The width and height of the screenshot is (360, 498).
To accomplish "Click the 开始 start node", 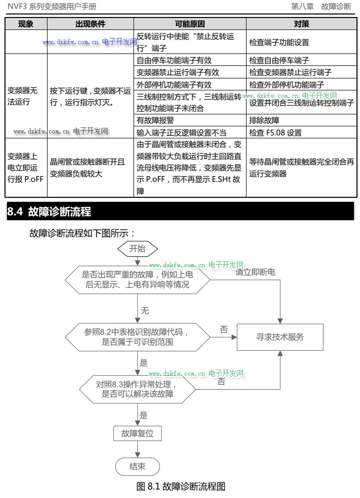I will [x=137, y=248].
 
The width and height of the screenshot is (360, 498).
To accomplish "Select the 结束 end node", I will [x=137, y=467].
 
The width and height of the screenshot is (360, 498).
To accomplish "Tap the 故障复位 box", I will [x=137, y=433].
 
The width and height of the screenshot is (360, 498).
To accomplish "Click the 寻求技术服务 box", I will [x=279, y=337].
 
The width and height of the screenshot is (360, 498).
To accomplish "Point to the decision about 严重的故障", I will [x=137, y=279].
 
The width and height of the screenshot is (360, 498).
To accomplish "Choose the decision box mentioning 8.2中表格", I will [x=137, y=337].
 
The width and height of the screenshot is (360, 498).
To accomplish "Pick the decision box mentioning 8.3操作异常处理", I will [x=137, y=389].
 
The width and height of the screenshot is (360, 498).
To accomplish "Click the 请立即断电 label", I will [x=255, y=272].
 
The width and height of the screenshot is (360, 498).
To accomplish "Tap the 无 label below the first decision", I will [x=144, y=311].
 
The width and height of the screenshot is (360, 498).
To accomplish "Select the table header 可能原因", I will [x=190, y=24].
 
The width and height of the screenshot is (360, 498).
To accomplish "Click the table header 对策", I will [x=301, y=24].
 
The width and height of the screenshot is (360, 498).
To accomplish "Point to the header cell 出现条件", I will [x=90, y=24].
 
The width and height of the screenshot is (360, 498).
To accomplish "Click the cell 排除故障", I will [x=264, y=120].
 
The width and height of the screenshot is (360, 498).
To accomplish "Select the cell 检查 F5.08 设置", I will [x=275, y=133].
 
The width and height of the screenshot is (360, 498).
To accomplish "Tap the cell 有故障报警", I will [x=156, y=120].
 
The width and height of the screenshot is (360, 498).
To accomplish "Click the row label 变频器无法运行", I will [x=22, y=96].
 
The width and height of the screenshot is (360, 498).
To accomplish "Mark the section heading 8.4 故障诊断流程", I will [x=49, y=211].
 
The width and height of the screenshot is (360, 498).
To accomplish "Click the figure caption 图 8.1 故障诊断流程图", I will [x=180, y=486].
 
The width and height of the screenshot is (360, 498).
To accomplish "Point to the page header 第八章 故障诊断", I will [x=321, y=6].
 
